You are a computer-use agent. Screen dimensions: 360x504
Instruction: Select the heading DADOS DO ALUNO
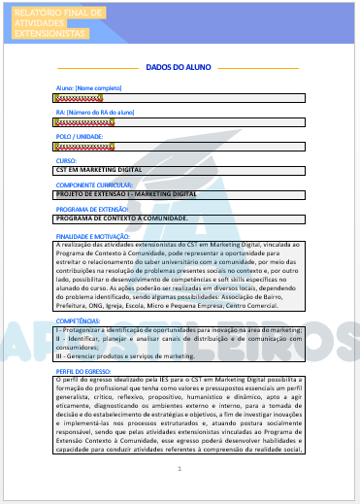click(x=179, y=68)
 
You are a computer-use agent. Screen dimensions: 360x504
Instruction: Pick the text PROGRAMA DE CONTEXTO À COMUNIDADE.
click(x=121, y=218)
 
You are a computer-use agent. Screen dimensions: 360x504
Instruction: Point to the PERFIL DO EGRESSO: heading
click(x=84, y=371)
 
